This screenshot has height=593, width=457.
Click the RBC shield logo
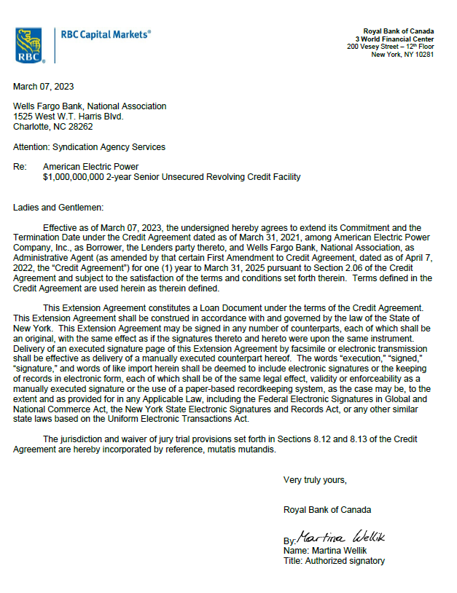pyautogui.click(x=28, y=45)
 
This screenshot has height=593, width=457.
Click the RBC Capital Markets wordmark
pyautogui.click(x=106, y=34)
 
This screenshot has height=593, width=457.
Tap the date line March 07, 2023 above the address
pyautogui.click(x=43, y=87)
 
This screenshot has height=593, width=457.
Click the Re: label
pyautogui.click(x=20, y=167)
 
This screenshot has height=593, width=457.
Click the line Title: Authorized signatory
pyautogui.click(x=334, y=561)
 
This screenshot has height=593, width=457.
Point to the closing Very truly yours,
pyautogui.click(x=315, y=480)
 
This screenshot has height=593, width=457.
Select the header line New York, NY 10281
pyautogui.click(x=402, y=55)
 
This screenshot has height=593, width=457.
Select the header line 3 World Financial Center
pyautogui.click(x=394, y=39)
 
